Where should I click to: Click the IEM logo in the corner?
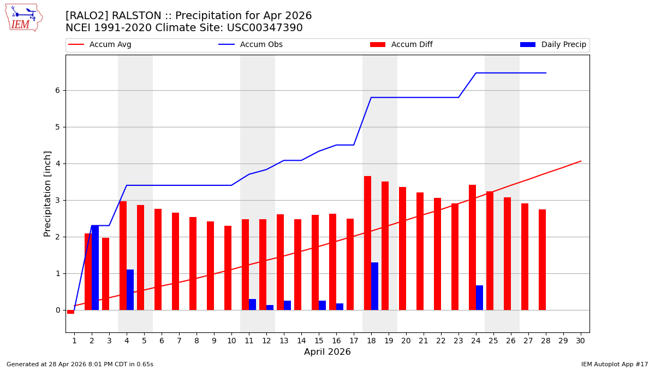click(23, 17)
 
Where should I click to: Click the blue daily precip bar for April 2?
click(95, 267)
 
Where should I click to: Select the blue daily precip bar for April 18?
click(374, 286)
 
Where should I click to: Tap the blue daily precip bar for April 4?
click(130, 290)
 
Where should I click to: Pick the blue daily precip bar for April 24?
click(479, 297)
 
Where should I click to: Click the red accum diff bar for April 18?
click(367, 243)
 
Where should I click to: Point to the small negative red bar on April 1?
click(70, 312)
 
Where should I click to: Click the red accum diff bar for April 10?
click(228, 268)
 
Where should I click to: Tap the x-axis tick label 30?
click(580, 341)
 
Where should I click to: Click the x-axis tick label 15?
click(319, 341)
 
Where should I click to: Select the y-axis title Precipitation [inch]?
click(47, 194)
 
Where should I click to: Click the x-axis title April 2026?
click(327, 352)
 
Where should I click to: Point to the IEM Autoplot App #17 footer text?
click(614, 364)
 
